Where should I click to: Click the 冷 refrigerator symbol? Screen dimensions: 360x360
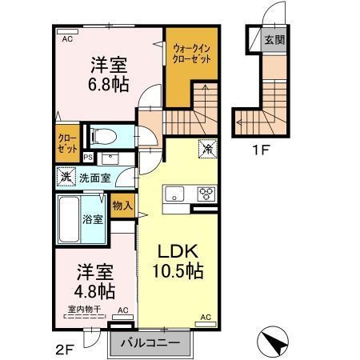(206, 149)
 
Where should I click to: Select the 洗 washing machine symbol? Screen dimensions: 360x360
(65, 177)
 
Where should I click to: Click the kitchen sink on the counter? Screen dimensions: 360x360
(175, 193)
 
